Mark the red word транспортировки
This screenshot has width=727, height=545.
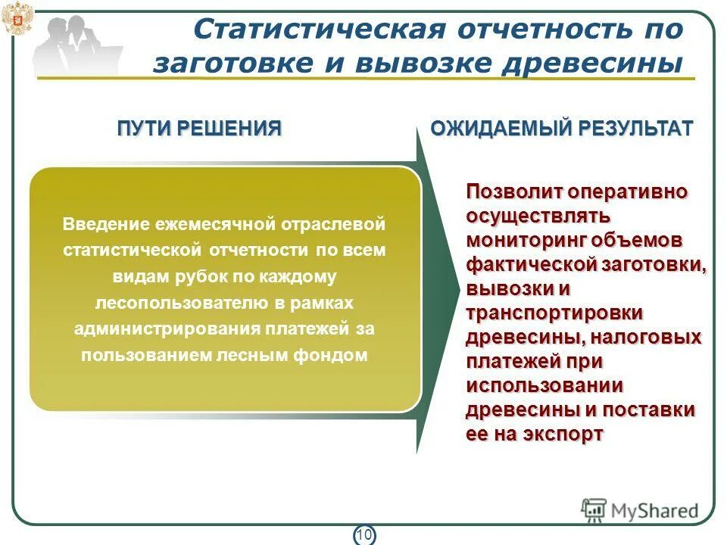click(x=555, y=313)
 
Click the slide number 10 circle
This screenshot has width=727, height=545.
click(x=363, y=535)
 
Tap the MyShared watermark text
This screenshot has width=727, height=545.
click(x=655, y=510)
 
